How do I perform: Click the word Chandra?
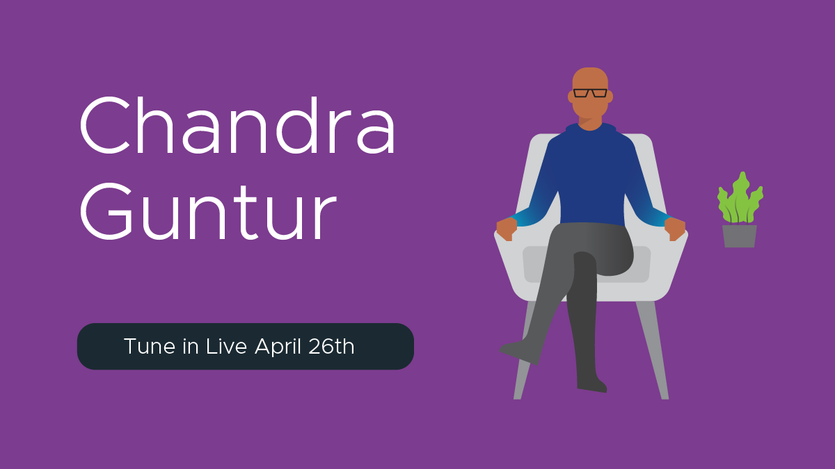(x=237, y=125)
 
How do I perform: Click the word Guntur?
(x=208, y=211)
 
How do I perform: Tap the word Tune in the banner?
(x=150, y=347)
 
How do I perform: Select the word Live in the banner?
(x=226, y=347)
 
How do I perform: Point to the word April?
(x=278, y=347)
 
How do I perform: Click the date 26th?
(x=331, y=347)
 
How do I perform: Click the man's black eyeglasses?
(x=590, y=93)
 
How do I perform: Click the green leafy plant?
(x=740, y=199)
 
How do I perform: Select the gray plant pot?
(x=740, y=236)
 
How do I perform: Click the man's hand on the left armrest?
(x=507, y=229)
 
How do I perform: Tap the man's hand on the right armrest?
(x=675, y=229)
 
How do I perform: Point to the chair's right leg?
(x=653, y=350)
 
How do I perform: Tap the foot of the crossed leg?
(x=520, y=352)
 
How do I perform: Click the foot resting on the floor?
(x=592, y=384)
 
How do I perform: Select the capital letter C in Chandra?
(x=105, y=125)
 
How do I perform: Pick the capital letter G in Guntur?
(x=106, y=211)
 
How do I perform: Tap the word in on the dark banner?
(x=191, y=347)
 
